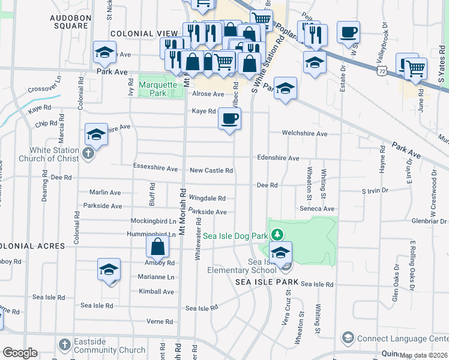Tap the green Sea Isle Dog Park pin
277,234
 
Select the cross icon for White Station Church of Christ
88,154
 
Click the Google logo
19,353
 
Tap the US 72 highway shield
382,71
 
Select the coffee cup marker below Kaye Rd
229,119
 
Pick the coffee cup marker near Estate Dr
348,32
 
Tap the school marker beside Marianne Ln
109,269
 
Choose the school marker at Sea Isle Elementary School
280,253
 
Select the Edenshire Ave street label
278,158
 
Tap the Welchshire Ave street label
305,133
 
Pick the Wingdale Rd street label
207,198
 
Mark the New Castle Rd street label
211,170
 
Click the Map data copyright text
423,355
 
